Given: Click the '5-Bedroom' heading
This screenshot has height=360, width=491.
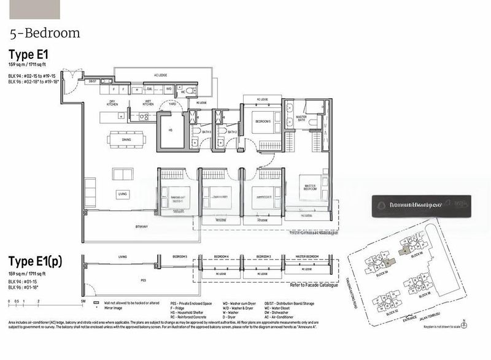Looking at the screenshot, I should [x=45, y=33].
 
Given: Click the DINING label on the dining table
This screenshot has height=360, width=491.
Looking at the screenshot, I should [x=127, y=140].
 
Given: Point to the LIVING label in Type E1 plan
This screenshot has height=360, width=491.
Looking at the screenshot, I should [x=122, y=194].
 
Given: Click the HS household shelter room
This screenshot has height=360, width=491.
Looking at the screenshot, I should [x=171, y=129].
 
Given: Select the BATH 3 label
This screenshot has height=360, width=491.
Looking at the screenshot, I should [x=207, y=132].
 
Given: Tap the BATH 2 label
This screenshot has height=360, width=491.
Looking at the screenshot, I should [x=232, y=132].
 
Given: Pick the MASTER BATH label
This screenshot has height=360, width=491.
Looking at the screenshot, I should [x=301, y=119].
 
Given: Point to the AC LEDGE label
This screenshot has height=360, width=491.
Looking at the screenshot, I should [x=161, y=75].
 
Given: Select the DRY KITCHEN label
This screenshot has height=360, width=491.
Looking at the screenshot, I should [x=113, y=103].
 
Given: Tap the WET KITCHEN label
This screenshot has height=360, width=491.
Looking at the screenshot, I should [x=148, y=103].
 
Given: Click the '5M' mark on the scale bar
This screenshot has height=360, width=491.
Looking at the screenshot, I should [x=82, y=302].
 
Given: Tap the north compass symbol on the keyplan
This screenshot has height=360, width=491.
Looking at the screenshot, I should [x=465, y=321].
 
